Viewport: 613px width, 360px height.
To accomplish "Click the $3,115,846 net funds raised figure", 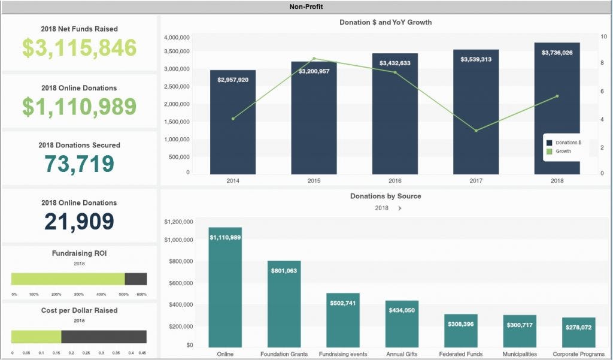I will [x=80, y=48].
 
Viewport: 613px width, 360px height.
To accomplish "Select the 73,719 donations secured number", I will [x=80, y=164].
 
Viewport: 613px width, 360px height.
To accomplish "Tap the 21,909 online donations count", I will [x=79, y=222].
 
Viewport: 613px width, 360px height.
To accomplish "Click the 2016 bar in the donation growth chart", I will [x=395, y=120].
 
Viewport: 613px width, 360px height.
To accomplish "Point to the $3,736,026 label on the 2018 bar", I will [x=557, y=53].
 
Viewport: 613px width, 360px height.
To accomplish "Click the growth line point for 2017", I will [x=476, y=131].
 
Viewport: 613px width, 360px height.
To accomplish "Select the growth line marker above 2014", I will [x=233, y=119].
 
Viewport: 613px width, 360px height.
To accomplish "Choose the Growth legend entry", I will [x=563, y=152].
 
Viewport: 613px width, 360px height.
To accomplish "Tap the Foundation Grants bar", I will [x=284, y=305].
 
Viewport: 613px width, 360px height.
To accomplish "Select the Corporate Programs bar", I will [x=578, y=332].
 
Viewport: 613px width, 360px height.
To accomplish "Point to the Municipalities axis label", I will [x=520, y=354].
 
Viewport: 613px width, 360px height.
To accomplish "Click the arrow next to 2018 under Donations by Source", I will [x=399, y=208].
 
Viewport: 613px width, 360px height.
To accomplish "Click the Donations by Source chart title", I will [x=386, y=196].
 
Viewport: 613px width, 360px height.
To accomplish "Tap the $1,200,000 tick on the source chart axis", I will [x=178, y=222].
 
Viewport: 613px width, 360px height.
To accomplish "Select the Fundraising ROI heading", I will [x=79, y=253].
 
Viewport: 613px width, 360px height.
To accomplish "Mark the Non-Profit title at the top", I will [x=306, y=7].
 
